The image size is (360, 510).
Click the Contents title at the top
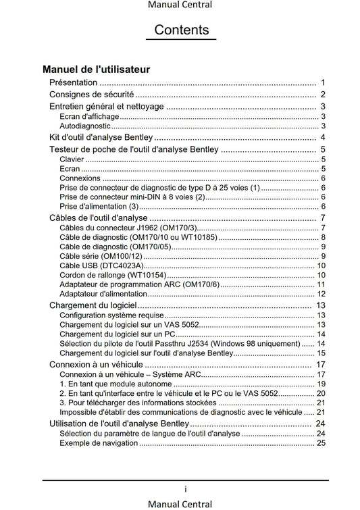point(181,30)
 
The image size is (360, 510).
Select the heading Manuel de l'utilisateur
point(96,69)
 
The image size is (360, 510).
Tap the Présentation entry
point(73,82)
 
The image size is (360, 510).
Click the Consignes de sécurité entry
point(92,95)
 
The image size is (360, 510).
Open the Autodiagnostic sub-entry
point(84,126)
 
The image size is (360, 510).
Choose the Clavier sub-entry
point(72,159)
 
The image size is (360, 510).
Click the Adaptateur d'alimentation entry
point(103,294)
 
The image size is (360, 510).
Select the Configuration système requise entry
point(111,315)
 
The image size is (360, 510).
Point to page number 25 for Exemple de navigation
point(322,443)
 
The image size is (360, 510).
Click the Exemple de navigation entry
point(99,443)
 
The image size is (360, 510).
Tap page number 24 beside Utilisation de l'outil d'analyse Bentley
point(321,424)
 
